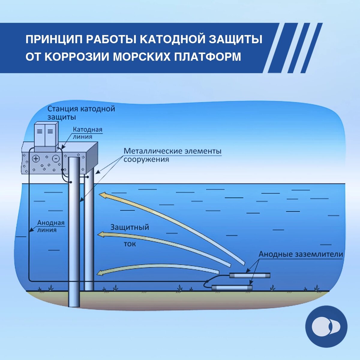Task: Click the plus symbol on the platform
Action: point(36,158)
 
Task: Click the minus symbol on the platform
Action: point(55,158)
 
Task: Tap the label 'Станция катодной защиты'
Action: point(81,112)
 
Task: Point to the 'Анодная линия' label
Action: point(51,226)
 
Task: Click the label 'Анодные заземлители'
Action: point(301,254)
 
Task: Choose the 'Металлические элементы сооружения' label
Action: point(172,155)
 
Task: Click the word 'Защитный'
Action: point(130,227)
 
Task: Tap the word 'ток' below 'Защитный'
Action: point(130,244)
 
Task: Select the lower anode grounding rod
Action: point(232,287)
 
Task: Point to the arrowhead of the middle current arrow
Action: point(103,234)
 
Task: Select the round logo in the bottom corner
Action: point(326,327)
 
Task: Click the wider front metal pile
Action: point(74,231)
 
